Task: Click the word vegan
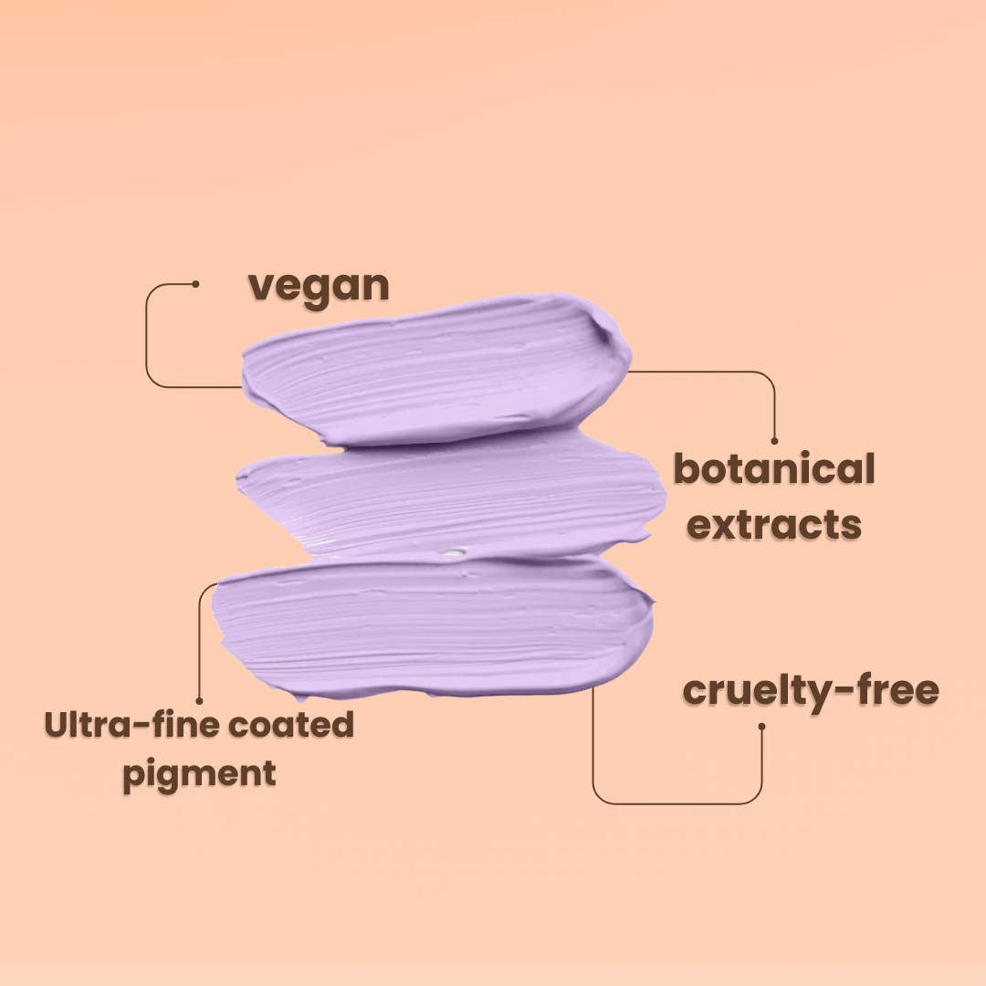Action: (x=319, y=287)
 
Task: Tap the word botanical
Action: (x=773, y=469)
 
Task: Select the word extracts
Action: (x=773, y=524)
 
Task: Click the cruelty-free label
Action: (x=811, y=690)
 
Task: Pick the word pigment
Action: (x=199, y=774)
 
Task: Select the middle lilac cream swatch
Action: (x=447, y=498)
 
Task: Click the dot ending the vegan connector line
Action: (x=195, y=284)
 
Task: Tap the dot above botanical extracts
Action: (x=775, y=441)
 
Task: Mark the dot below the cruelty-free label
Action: (x=761, y=727)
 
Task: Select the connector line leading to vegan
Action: (x=147, y=338)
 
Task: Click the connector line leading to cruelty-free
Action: (x=676, y=803)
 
